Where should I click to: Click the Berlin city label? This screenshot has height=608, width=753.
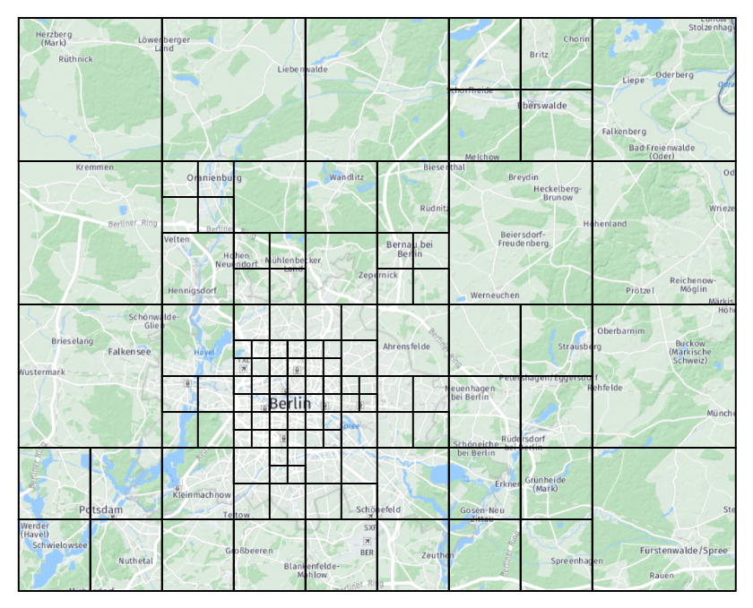coord(290,404)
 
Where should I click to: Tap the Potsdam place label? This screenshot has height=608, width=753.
coord(100,510)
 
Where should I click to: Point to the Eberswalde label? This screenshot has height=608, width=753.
coord(542,105)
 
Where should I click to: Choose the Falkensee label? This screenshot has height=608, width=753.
coord(129,352)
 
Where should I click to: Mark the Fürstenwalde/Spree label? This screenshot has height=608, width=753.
coord(684,550)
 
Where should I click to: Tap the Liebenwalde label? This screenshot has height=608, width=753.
coord(303,69)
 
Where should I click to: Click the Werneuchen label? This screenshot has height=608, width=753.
coord(495,295)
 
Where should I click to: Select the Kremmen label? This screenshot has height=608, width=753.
coord(95,167)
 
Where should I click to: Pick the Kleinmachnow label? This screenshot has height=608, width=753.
coord(202,494)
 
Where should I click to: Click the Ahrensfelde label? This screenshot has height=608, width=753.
coord(407,346)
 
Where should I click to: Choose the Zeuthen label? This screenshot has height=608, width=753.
coord(437,556)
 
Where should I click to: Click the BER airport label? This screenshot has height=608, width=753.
coord(367,552)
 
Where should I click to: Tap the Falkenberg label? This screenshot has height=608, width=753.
coord(624,131)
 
